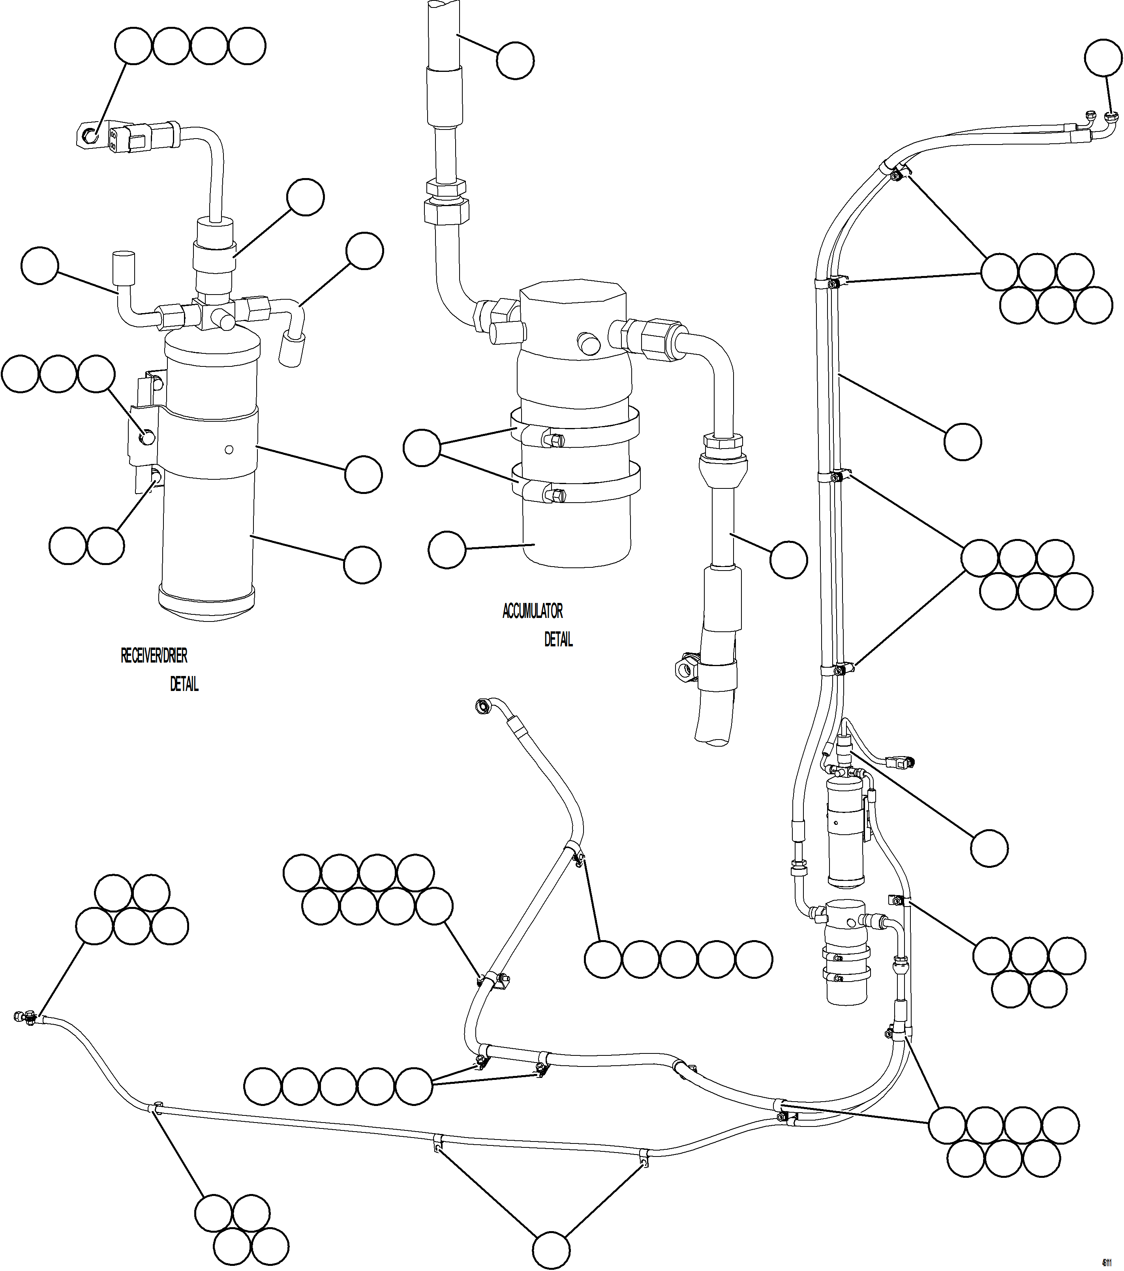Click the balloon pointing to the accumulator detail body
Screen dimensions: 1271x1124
tap(447, 549)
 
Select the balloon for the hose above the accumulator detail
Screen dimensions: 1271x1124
tap(515, 60)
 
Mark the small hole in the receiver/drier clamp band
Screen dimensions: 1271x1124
tap(229, 449)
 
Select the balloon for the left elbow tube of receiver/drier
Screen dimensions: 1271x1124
tap(39, 265)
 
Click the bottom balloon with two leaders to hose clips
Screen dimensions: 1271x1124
tap(551, 1251)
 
